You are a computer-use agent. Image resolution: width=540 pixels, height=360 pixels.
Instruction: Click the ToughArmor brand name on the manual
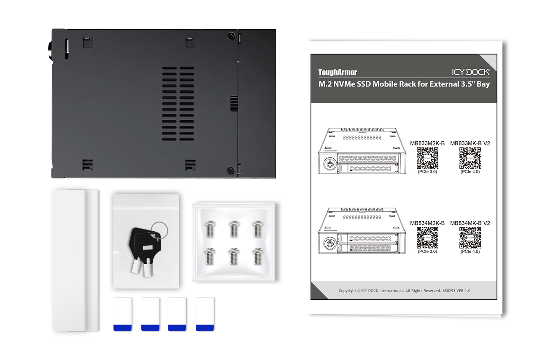[x=337, y=72]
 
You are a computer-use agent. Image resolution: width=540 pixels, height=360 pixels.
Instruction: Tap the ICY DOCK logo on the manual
[x=471, y=72]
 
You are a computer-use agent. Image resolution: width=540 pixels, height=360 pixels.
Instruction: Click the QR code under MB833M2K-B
[x=427, y=158]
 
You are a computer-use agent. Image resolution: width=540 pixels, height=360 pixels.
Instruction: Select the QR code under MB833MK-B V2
[x=470, y=158]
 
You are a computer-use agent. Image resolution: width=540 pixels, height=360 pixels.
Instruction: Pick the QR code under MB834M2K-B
[x=427, y=238]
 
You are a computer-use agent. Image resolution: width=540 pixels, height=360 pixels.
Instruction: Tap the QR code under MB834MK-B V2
[x=470, y=238]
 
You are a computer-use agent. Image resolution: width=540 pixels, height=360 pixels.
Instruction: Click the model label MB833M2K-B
[x=427, y=143]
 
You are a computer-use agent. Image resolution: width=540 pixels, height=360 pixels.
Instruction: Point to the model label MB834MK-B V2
[x=470, y=223]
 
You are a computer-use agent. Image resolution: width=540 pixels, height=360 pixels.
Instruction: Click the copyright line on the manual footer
[x=404, y=291]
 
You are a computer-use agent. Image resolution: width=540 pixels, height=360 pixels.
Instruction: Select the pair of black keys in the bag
[x=144, y=251]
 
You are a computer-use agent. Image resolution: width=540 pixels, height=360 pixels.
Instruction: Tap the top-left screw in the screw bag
[x=210, y=229]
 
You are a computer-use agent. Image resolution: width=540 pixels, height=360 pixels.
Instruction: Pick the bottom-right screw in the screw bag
[x=258, y=256]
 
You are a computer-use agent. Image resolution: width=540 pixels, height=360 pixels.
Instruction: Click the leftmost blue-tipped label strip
[x=122, y=314]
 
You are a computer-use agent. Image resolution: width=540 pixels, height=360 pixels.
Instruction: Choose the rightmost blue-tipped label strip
[x=205, y=314]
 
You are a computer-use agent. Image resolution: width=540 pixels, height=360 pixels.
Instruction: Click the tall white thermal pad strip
[x=76, y=260]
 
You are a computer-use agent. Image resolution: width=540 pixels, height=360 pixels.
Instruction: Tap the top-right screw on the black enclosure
[x=231, y=36]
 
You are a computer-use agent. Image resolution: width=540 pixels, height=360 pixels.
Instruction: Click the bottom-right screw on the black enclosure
[x=231, y=171]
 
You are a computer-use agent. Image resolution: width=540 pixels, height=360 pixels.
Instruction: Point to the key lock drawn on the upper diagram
[x=330, y=164]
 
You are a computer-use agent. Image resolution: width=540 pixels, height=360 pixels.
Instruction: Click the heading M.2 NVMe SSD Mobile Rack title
[x=404, y=84]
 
